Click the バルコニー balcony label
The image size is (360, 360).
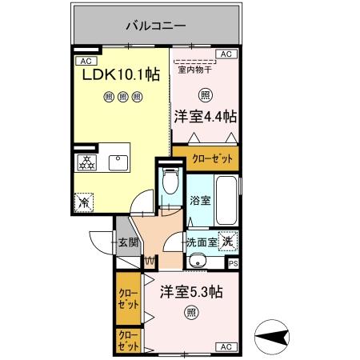point(155,26)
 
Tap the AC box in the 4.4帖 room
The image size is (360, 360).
point(226,54)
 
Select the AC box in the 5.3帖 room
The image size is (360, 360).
point(225,346)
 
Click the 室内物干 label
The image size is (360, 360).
point(194,70)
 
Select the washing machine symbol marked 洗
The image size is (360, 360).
point(228,241)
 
